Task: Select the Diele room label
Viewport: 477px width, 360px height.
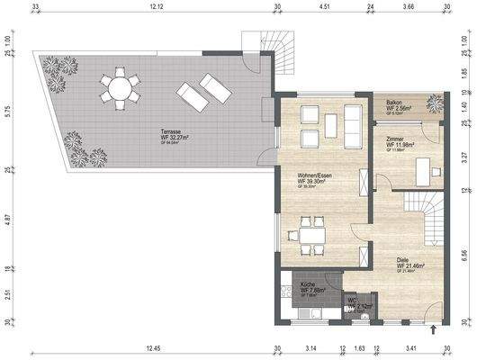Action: [x=408, y=262]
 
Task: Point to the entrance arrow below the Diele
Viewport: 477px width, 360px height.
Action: [x=435, y=332]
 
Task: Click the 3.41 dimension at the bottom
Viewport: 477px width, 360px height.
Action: [x=409, y=347]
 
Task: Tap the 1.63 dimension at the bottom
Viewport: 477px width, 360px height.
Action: [x=359, y=347]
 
